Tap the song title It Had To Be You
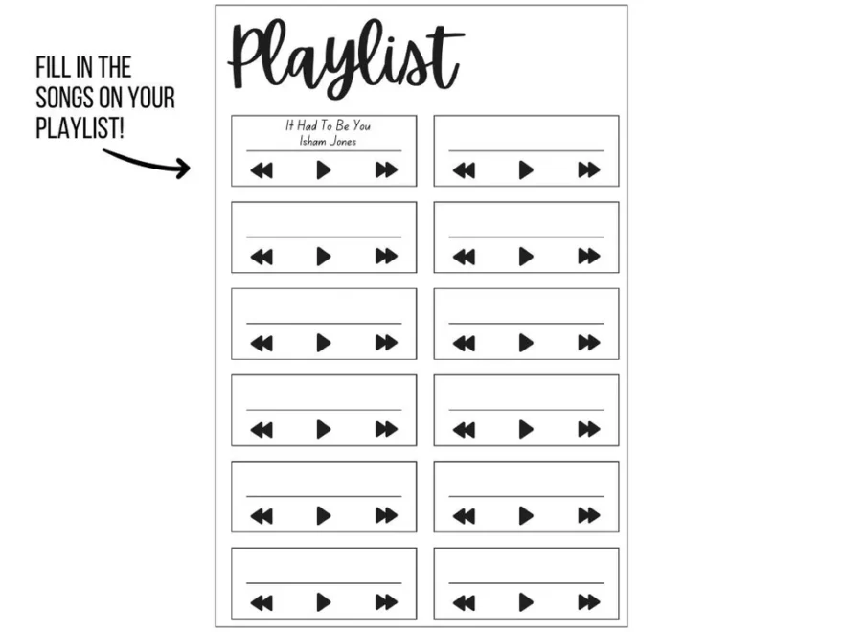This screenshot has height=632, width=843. [x=328, y=125]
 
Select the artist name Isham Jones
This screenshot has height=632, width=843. [x=328, y=141]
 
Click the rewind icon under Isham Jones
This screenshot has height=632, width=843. [x=262, y=170]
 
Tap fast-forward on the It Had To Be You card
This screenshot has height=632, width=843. [x=386, y=170]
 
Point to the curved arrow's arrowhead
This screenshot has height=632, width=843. [x=184, y=168]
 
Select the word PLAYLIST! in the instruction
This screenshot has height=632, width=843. [x=80, y=128]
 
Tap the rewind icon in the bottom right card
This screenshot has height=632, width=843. [x=464, y=602]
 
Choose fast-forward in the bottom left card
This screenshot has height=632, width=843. [x=386, y=602]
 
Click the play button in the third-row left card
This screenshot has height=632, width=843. [x=324, y=343]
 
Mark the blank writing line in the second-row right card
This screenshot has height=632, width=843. [x=526, y=237]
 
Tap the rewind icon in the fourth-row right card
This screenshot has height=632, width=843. [x=464, y=429]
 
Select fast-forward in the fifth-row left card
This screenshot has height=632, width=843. [x=386, y=516]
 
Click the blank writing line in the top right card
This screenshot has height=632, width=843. [x=526, y=151]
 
